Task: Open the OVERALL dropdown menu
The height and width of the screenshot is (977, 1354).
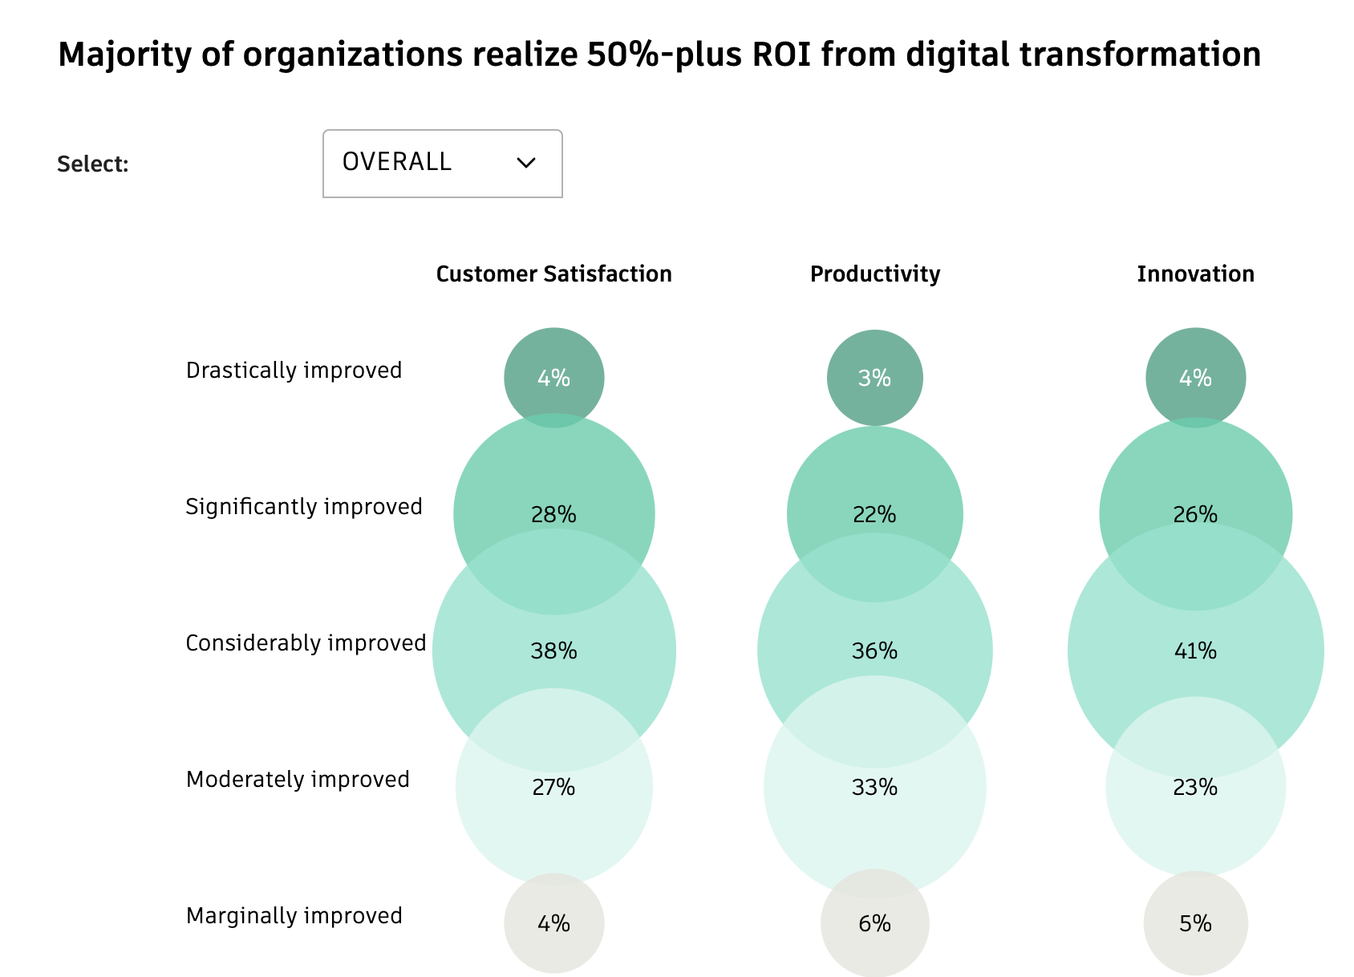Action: (442, 164)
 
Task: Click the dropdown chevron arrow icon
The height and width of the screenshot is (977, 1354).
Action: (526, 163)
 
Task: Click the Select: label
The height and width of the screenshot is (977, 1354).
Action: (93, 164)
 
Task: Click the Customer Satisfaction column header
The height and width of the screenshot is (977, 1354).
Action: (553, 274)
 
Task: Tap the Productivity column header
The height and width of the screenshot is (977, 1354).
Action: (874, 274)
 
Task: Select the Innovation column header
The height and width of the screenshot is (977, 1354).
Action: (1195, 274)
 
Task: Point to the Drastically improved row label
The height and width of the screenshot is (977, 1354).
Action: (294, 371)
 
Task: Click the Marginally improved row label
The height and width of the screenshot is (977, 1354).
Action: (294, 916)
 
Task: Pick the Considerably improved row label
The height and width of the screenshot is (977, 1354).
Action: (306, 643)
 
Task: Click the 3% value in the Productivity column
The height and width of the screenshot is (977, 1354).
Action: (874, 378)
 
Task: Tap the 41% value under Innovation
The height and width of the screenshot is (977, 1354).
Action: (1195, 651)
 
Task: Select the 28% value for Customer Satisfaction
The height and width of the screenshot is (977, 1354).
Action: (553, 514)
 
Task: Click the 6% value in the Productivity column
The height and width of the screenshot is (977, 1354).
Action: (874, 924)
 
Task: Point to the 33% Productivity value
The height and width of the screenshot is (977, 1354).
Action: (874, 788)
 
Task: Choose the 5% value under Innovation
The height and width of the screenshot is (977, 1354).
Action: (1195, 924)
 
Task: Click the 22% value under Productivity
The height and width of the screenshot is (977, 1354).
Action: (874, 514)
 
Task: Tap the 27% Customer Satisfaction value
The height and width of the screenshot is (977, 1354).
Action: (553, 788)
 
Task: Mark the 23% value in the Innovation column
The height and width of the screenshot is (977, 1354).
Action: (1195, 788)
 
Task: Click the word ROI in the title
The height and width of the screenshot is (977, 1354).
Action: (781, 55)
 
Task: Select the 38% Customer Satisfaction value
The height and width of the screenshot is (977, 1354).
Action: (553, 651)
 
